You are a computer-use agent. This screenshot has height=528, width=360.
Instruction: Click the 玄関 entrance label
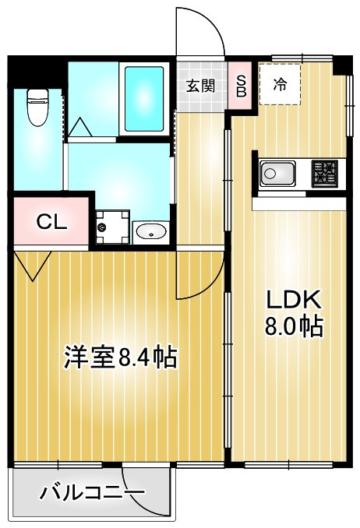pos(199,85)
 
